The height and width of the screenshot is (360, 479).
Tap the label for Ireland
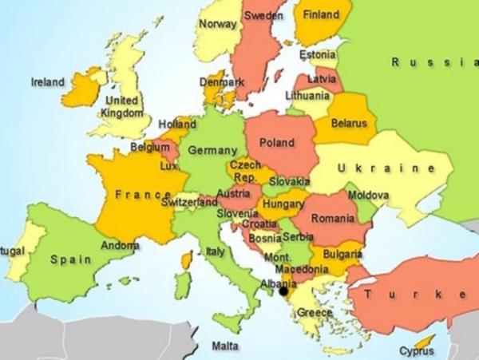(47, 81)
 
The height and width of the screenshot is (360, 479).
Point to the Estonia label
(318, 55)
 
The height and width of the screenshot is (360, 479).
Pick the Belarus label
(349, 124)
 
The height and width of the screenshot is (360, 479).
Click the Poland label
(276, 143)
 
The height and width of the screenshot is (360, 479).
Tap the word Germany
(212, 150)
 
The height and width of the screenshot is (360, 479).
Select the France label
(143, 194)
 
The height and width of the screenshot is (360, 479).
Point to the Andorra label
(121, 246)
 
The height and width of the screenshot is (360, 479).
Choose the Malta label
(224, 346)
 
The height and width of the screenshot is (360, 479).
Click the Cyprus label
(416, 350)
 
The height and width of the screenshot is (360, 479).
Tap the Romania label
(334, 217)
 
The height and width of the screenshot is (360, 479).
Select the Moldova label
(369, 196)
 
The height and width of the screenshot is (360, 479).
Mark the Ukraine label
(386, 168)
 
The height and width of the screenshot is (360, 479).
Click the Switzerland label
(188, 203)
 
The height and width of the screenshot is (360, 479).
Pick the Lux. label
(168, 166)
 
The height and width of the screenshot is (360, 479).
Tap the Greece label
(315, 313)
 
